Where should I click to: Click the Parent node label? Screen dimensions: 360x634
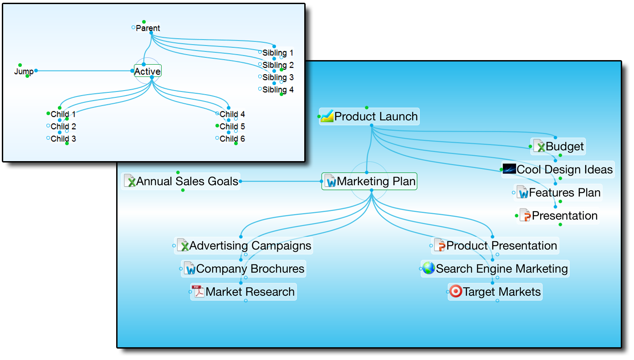click(148, 28)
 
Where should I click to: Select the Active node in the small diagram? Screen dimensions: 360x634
click(148, 71)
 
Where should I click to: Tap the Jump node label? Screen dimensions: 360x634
click(24, 71)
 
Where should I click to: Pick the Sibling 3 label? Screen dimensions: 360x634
click(278, 77)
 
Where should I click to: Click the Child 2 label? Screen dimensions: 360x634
click(63, 127)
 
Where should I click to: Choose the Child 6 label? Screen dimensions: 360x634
click(232, 139)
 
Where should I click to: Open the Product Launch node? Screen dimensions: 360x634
click(376, 117)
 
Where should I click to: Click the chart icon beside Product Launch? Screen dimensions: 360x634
click(327, 117)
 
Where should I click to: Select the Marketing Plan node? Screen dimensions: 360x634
click(376, 182)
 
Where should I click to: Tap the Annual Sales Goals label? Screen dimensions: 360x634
click(187, 182)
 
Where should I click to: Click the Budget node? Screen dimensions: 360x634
click(564, 147)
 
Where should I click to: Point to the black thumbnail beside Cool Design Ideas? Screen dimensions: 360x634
click(509, 169)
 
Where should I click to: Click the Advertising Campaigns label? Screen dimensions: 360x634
click(250, 246)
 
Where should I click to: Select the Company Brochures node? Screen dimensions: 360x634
click(250, 269)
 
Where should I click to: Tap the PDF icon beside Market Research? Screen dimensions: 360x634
click(198, 291)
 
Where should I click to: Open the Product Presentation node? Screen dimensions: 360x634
click(501, 246)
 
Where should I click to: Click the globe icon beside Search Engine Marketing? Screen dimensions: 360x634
click(429, 269)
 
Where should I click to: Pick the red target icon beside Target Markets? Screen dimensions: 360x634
click(455, 291)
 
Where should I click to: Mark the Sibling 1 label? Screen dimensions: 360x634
click(278, 53)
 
